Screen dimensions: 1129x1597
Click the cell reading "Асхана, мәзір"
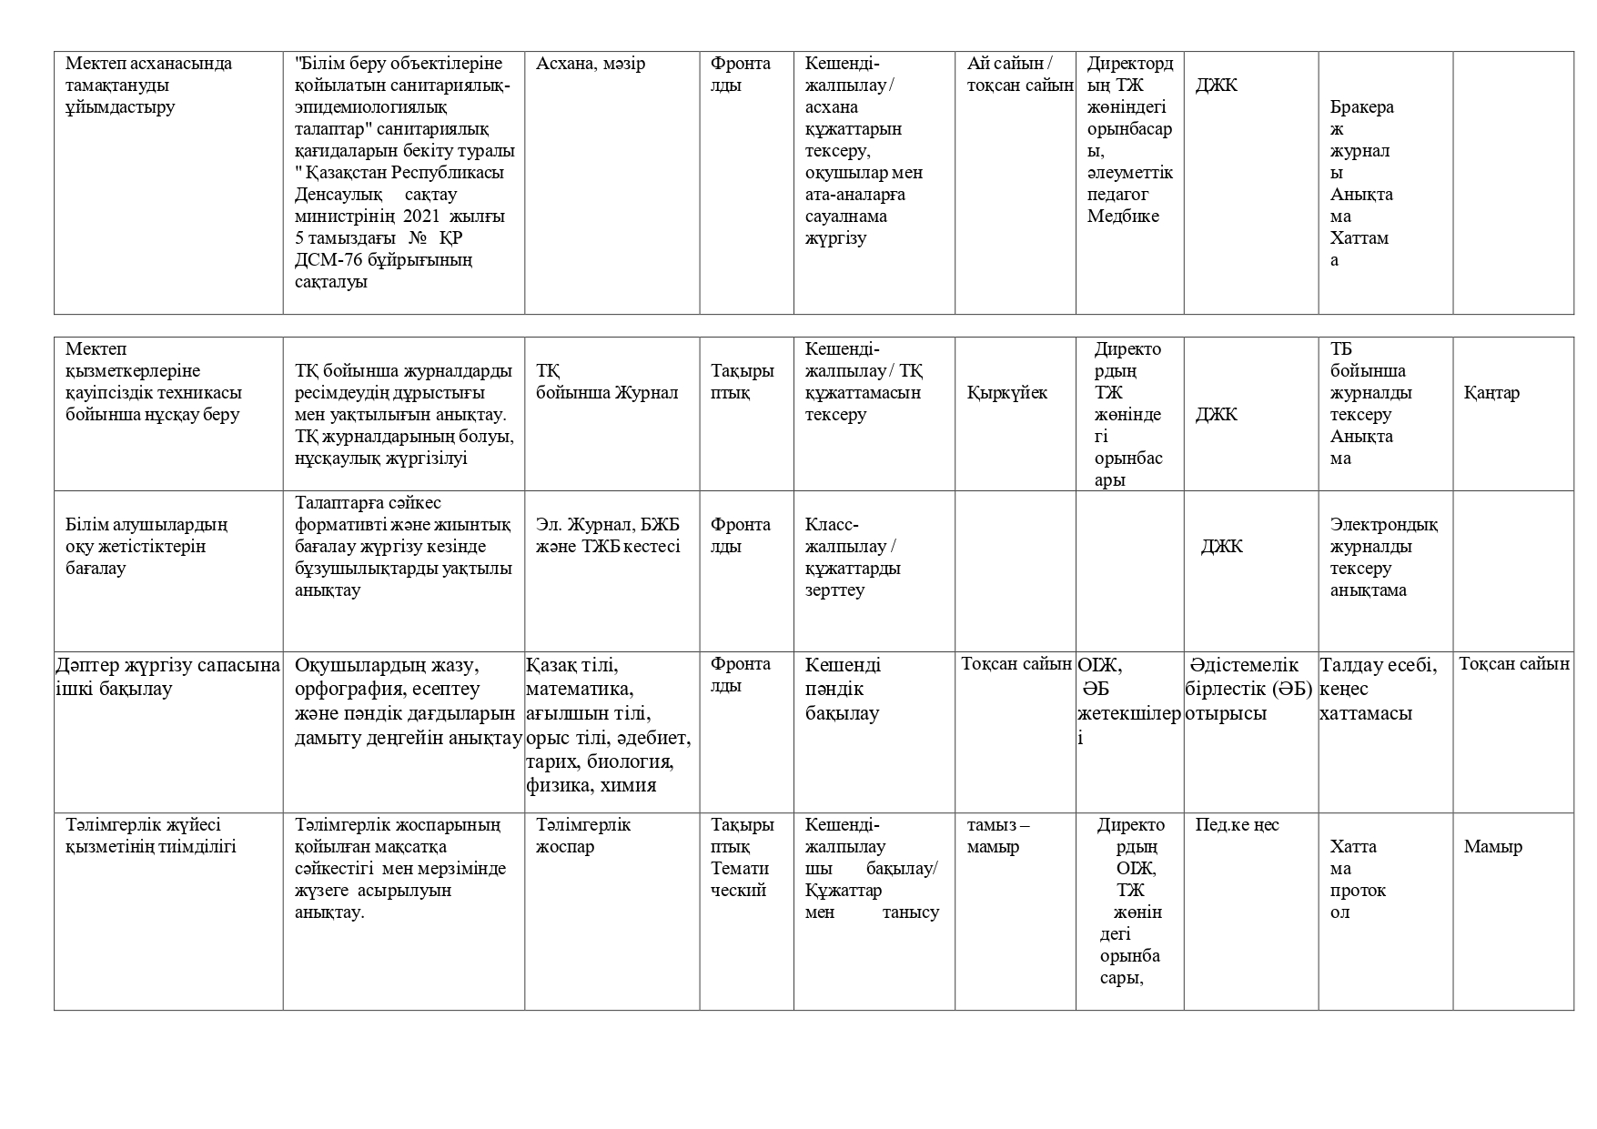[x=591, y=64]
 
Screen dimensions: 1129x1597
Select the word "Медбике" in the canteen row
[x=1123, y=217]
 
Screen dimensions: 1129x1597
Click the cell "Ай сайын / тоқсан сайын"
[x=1015, y=75]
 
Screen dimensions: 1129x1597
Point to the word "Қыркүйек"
[x=1006, y=393]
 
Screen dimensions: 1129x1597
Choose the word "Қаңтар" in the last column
[x=1491, y=393]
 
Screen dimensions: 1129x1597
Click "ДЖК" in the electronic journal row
[x=1221, y=547]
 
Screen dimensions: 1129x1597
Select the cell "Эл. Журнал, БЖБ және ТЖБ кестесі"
[x=608, y=536]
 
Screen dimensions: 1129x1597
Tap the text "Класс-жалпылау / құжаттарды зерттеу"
[x=853, y=558]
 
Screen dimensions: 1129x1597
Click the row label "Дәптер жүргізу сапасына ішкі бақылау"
[x=167, y=677]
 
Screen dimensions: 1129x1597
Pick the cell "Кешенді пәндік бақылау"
[x=843, y=689]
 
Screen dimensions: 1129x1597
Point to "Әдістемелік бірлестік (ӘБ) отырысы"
[x=1250, y=689]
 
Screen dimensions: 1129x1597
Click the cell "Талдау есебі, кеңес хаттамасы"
[x=1378, y=689]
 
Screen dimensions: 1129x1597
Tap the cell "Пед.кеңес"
[x=1237, y=825]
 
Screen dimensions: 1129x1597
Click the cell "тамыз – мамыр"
[x=997, y=836]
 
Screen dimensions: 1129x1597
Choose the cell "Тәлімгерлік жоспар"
[x=583, y=836]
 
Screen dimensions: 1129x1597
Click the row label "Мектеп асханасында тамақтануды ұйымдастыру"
[x=148, y=86]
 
